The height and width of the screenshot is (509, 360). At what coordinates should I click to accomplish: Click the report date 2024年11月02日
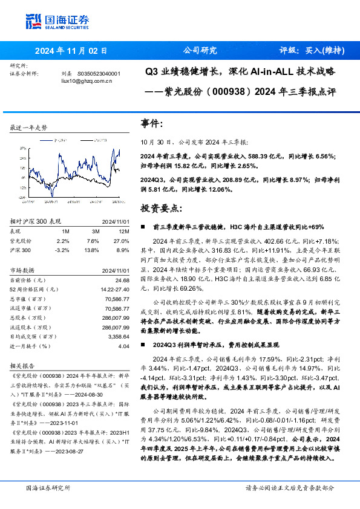[x=71, y=51]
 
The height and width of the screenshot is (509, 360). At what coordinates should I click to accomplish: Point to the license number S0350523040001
[x=99, y=73]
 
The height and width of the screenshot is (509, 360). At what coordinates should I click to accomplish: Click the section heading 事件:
[x=152, y=123]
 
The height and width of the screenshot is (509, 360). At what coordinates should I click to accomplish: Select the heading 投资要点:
[x=161, y=208]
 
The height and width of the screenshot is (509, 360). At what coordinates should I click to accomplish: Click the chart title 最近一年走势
[x=28, y=128]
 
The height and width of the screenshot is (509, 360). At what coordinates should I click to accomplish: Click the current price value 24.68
[x=122, y=280]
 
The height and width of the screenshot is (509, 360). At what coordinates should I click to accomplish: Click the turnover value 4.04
[x=124, y=346]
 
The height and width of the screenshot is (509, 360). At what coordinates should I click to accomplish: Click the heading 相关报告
[x=23, y=366]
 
